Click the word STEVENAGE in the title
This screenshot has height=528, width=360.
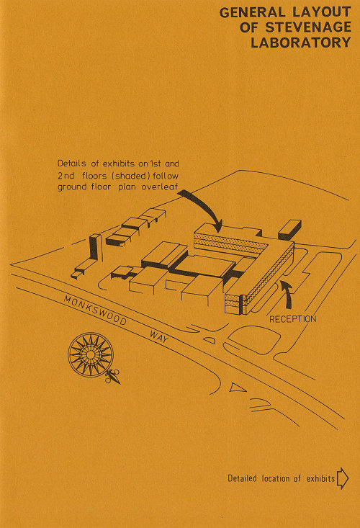[308, 27]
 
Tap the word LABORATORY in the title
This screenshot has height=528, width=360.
[301, 42]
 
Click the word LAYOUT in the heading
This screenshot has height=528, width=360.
[322, 12]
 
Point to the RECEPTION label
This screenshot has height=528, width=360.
[293, 319]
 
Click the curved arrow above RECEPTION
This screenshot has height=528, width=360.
[287, 295]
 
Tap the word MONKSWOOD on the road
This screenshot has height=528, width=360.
[95, 310]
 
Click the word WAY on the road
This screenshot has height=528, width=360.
[158, 336]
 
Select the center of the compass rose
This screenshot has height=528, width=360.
[91, 354]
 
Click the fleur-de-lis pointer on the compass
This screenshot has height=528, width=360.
[113, 377]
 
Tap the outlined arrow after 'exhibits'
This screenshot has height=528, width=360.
[343, 478]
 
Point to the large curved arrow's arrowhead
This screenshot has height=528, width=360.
[217, 226]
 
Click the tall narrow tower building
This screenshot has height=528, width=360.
[95, 247]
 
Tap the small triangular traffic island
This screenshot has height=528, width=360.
[238, 388]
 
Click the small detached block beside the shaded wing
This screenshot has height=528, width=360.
[289, 229]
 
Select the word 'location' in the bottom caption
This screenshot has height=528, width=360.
[276, 478]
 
